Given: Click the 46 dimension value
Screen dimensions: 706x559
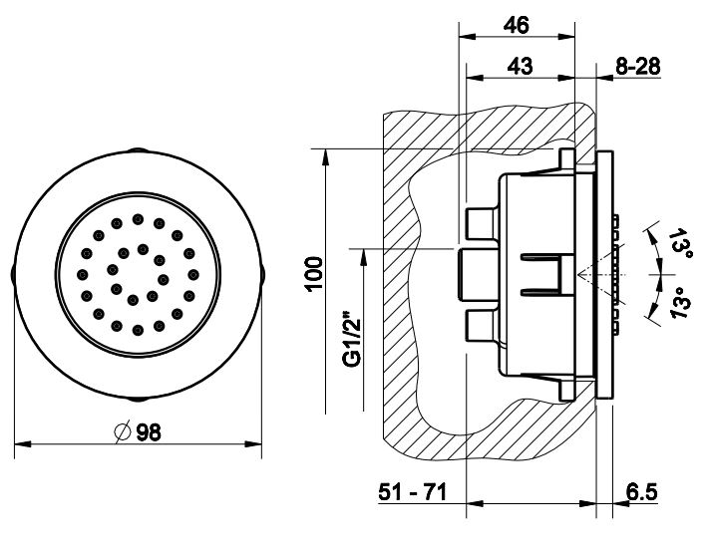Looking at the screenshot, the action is [516, 25].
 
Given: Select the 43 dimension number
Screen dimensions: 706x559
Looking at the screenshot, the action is [521, 66].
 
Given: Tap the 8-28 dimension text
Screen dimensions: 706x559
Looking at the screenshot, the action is [637, 66].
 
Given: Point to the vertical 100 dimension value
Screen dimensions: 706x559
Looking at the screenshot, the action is [314, 274].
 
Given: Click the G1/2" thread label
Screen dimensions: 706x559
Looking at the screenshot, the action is [353, 339].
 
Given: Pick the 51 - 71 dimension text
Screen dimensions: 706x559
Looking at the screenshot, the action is [413, 491].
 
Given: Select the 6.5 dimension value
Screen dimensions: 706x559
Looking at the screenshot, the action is [642, 491].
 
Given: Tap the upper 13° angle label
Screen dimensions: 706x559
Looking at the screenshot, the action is [680, 243].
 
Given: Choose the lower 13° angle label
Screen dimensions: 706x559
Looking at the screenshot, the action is [680, 303].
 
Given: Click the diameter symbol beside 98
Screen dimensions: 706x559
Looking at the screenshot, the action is [122, 432].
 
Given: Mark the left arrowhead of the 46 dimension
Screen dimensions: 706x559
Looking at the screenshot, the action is [467, 37].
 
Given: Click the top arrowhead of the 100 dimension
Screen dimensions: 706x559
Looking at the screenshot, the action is [325, 156].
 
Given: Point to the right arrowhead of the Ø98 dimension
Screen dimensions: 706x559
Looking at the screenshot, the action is [253, 443].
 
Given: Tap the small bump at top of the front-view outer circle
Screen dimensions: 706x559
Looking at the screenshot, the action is [138, 149].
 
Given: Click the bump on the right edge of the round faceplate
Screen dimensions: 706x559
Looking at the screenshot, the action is [262, 275].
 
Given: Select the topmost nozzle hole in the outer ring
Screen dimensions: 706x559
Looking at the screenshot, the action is [138, 219].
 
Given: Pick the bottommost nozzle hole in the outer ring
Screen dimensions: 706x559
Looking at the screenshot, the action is [138, 331].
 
